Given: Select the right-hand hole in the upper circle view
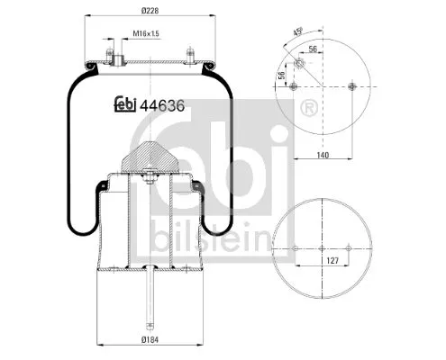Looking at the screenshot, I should click(x=350, y=87).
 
